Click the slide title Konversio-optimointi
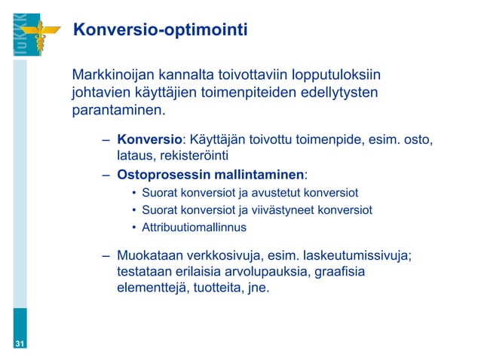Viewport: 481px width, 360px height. (159, 30)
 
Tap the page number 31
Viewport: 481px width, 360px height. (20, 344)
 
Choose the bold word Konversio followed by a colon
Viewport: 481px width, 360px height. (150, 140)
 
